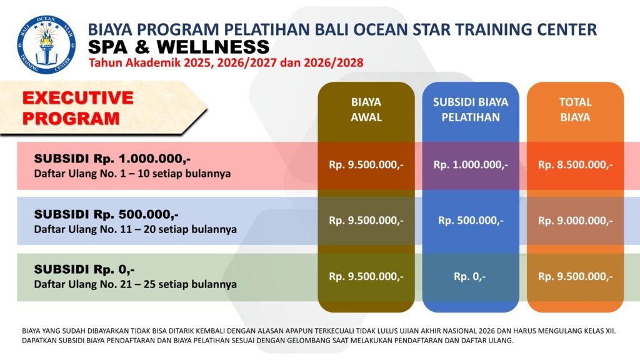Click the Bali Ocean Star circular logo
46,45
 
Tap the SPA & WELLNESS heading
179,47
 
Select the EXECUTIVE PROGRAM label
78,108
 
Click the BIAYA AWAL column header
366,109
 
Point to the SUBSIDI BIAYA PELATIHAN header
471,109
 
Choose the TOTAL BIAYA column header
575,109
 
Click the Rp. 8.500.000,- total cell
575,165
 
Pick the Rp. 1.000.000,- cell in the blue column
471,165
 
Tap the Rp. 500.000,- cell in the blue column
471,221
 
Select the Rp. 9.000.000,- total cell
575,221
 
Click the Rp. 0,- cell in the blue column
470,277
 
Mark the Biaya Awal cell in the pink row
366,165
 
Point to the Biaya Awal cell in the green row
366,277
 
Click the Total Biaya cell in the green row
575,277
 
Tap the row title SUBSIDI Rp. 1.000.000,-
112,158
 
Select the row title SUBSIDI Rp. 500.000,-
106,214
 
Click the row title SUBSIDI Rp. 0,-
84,269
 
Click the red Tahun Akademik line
226,63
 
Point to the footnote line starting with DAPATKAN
267,341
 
